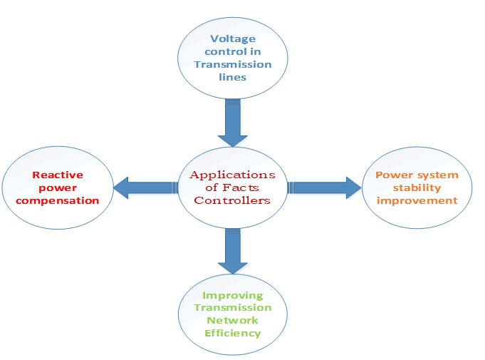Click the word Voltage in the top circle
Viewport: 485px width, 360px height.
[x=232, y=38]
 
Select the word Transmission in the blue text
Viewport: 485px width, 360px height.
[x=232, y=64]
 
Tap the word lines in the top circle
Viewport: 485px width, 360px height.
[x=232, y=77]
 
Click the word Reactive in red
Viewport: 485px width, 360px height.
[x=58, y=175]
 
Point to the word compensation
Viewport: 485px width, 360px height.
[x=58, y=200]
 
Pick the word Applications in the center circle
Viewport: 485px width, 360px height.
[x=232, y=175]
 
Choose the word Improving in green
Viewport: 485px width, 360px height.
[x=232, y=295]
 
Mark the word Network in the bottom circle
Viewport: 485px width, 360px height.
[x=232, y=320]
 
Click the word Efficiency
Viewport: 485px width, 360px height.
[x=232, y=333]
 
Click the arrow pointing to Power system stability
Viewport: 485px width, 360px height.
[x=325, y=188]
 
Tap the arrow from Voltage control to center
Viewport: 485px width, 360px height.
[x=233, y=121]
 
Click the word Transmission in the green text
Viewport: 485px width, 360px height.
[x=232, y=307]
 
